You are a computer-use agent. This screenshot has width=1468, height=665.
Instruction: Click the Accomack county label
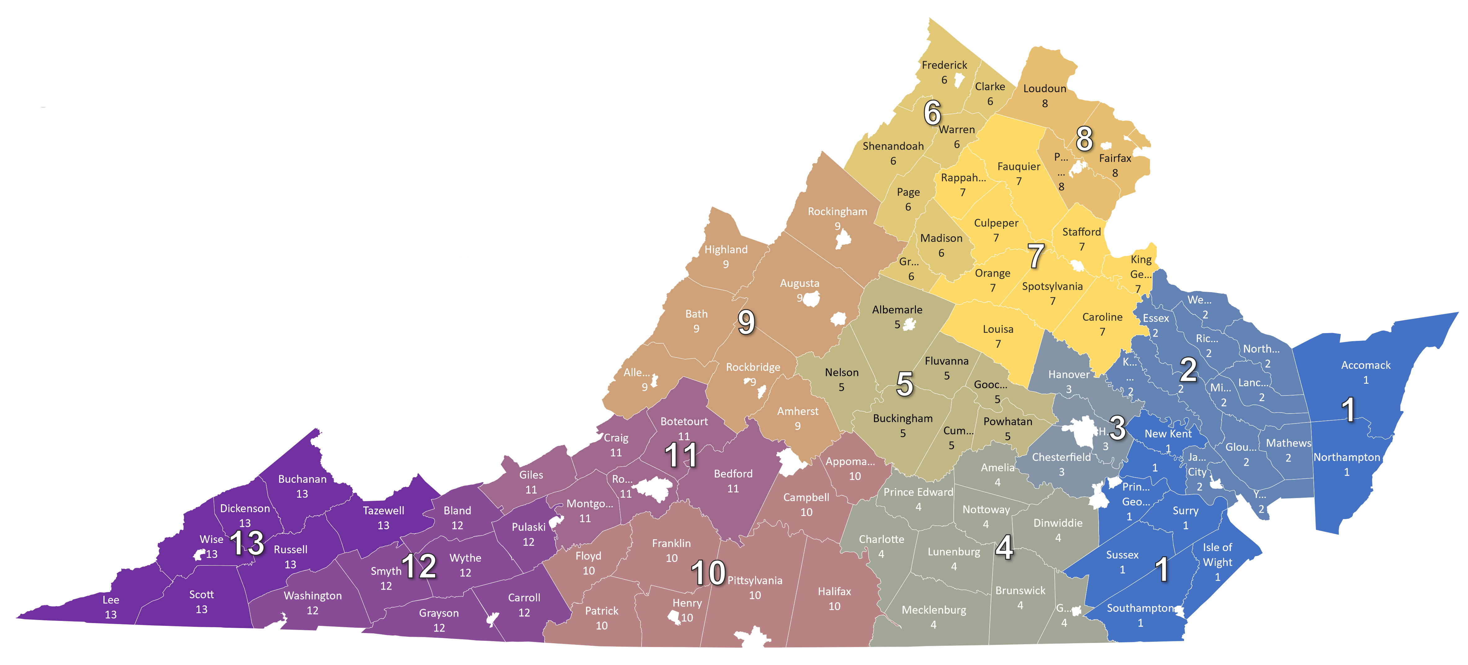click(1365, 365)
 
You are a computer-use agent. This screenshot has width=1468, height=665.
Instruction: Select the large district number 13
click(247, 543)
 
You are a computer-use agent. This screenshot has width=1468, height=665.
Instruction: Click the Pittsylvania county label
click(754, 581)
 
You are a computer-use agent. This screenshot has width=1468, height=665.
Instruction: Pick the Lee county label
click(110, 599)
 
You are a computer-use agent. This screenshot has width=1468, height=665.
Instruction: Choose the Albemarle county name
click(897, 310)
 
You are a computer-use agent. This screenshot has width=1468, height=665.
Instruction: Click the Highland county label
click(725, 250)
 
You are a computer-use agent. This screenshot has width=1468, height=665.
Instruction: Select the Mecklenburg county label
click(934, 610)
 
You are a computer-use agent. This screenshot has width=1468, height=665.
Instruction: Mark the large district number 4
click(1004, 548)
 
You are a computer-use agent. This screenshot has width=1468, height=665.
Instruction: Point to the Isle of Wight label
click(1217, 554)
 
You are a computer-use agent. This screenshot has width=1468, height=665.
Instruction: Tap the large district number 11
click(681, 455)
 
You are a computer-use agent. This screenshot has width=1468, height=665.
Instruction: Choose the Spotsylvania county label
click(1052, 286)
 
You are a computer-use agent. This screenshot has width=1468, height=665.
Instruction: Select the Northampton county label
click(1347, 457)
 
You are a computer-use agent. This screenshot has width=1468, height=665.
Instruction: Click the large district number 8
click(1084, 138)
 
